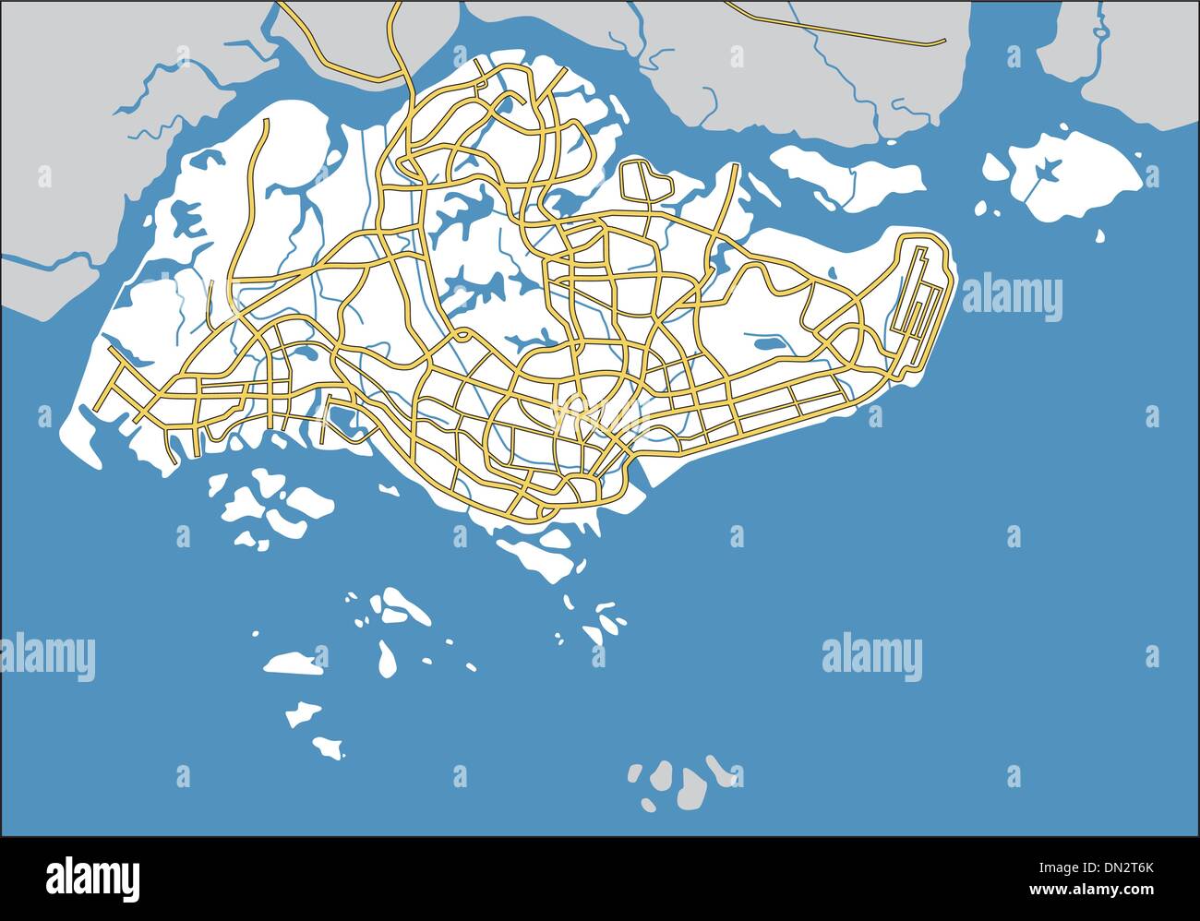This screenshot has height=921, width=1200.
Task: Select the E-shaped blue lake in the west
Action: point(187,219)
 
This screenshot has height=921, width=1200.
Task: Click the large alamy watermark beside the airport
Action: point(1012,298)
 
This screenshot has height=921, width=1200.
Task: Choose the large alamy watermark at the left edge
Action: point(46,657)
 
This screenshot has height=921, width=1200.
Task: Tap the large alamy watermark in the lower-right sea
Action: point(871,657)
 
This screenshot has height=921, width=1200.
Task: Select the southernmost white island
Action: point(327,746)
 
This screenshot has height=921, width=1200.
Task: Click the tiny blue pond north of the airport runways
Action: point(830,271)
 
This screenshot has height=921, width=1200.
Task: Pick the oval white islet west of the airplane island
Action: point(995,168)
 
